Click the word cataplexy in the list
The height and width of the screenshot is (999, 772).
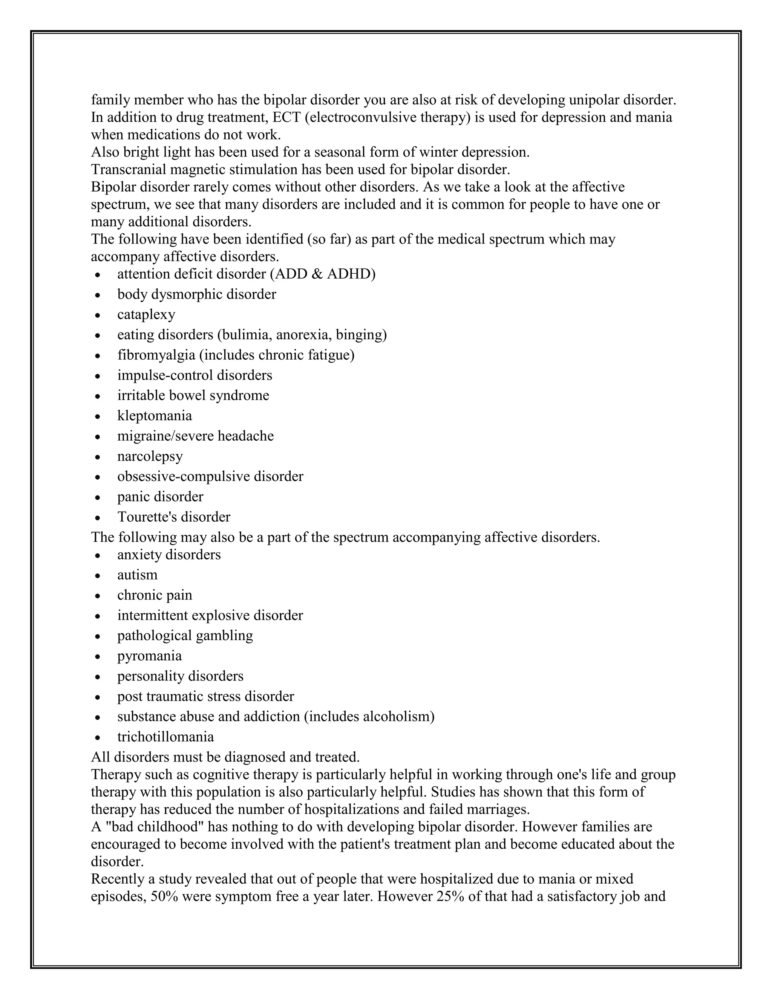coord(146,315)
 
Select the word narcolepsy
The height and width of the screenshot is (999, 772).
coord(150,457)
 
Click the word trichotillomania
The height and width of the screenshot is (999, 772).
coord(165,737)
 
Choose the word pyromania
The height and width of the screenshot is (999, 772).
coord(150,656)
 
